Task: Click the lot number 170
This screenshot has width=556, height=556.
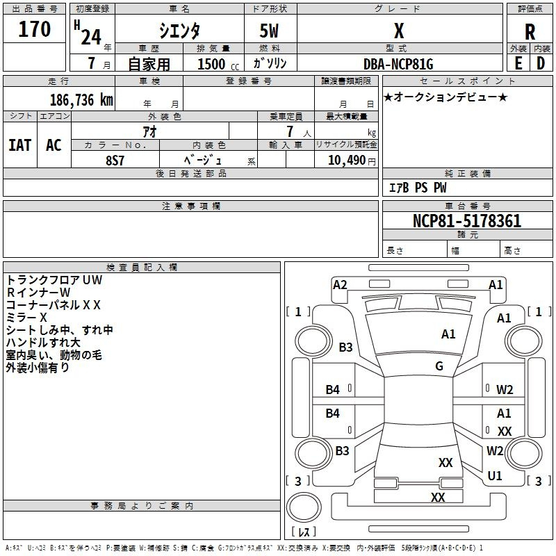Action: [34, 28]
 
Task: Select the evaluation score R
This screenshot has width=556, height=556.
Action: [530, 32]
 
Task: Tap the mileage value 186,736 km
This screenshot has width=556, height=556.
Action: [81, 100]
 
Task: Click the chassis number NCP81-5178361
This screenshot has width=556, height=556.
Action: [467, 221]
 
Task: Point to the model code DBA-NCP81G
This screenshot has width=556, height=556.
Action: [398, 64]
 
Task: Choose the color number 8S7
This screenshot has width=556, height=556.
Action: [115, 161]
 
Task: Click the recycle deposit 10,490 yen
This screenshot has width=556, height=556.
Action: [352, 161]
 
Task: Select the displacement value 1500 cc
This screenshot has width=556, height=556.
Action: [218, 64]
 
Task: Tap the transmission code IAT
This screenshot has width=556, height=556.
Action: [20, 145]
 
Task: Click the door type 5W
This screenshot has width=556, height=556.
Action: [269, 31]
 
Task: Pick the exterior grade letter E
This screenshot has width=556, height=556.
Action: [518, 63]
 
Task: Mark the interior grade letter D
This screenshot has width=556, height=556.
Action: [541, 63]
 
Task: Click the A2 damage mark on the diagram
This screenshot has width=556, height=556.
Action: [340, 285]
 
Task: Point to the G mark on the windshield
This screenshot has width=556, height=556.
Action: [439, 366]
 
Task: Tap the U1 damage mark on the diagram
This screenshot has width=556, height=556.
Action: [495, 475]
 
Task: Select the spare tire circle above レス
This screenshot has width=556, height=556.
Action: [304, 507]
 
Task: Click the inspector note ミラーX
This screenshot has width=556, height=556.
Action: [26, 318]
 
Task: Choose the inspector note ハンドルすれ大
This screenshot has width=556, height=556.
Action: [43, 342]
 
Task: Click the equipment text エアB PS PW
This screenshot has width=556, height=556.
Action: [418, 188]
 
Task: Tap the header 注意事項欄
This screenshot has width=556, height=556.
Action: [191, 206]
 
